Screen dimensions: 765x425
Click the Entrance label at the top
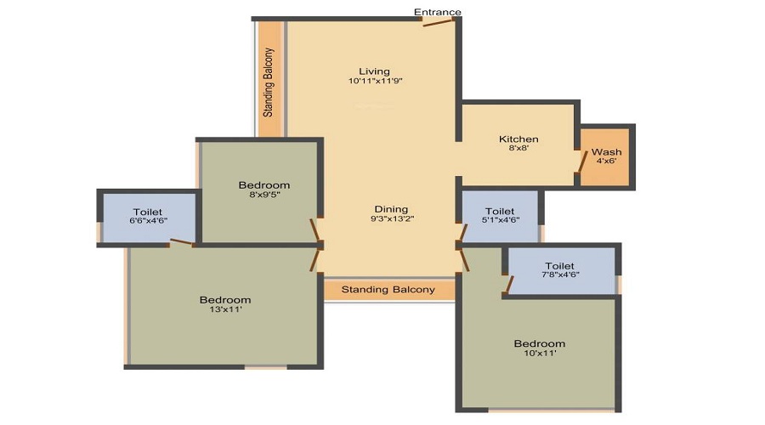[x=437, y=12]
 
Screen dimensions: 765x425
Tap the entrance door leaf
[x=439, y=22]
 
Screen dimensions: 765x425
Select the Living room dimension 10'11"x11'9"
[x=375, y=81]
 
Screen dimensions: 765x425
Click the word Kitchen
[x=518, y=139]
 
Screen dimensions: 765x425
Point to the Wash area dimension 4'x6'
[x=606, y=161]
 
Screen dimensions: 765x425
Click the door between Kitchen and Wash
[x=582, y=161]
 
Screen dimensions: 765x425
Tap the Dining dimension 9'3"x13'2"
[x=392, y=218]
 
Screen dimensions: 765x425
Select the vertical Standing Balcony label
[x=269, y=82]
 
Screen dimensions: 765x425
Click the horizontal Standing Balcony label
[x=388, y=289]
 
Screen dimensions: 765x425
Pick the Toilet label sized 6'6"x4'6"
[x=148, y=212]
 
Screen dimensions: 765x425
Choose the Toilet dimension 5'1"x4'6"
[x=501, y=220]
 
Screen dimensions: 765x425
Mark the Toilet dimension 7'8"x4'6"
[x=560, y=275]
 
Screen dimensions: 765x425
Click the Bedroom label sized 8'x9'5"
[x=264, y=185]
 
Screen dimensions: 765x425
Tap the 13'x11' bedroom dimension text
[x=225, y=309]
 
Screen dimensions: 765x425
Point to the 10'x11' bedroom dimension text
[x=540, y=353]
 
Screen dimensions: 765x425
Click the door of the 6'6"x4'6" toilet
[x=182, y=241]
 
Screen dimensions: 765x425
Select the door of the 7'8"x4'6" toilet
[x=509, y=285]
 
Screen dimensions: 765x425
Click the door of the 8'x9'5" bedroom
[x=315, y=229]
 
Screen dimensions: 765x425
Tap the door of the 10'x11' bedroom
[x=464, y=259]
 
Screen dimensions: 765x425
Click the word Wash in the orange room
[x=606, y=152]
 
